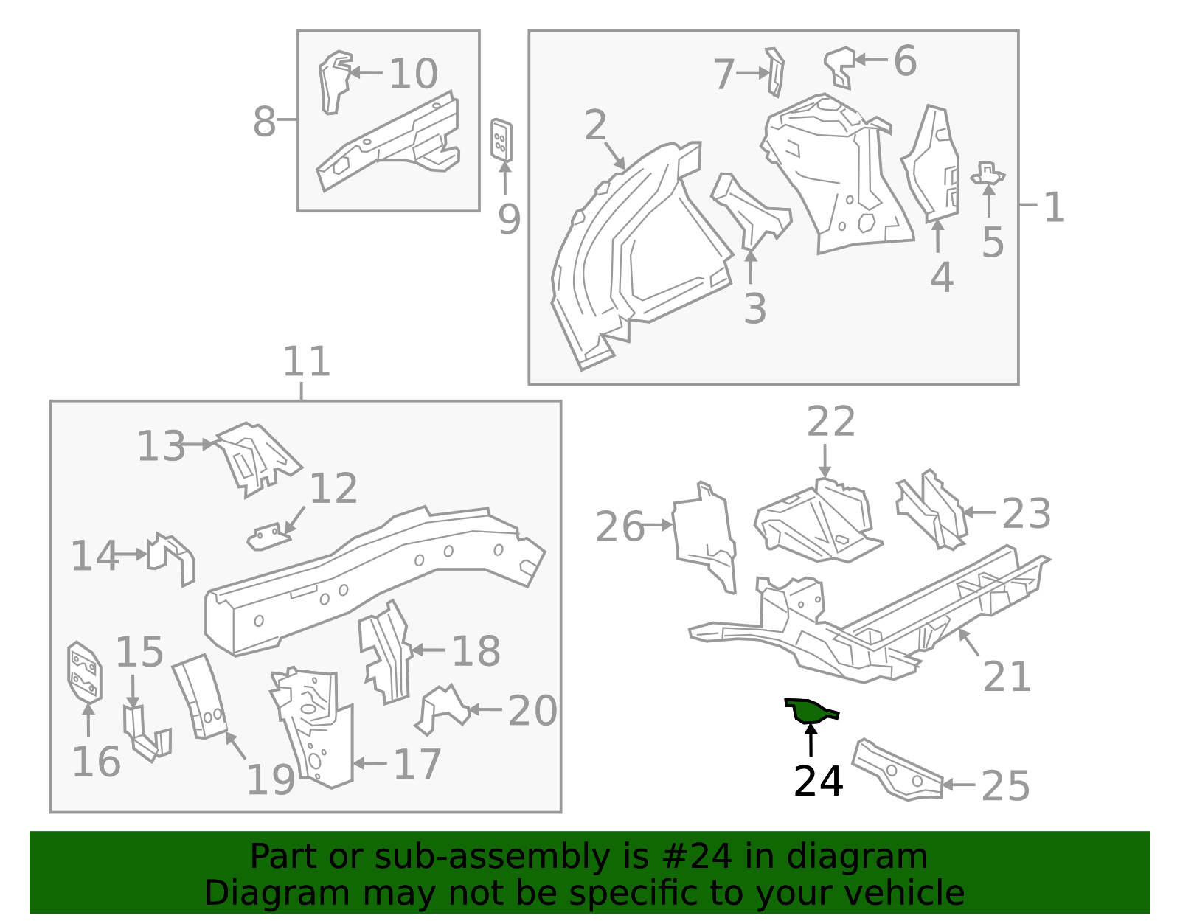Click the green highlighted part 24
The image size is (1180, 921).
tap(809, 711)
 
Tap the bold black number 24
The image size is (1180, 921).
tap(818, 782)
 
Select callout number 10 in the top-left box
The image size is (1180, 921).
tap(413, 74)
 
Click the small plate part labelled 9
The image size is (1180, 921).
tap(502, 139)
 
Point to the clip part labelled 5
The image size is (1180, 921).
tap(988, 174)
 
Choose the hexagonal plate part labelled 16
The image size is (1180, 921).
tap(84, 671)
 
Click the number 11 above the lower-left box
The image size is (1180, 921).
tap(306, 361)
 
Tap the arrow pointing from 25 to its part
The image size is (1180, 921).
tap(959, 785)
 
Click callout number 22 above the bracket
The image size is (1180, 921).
tap(830, 422)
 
